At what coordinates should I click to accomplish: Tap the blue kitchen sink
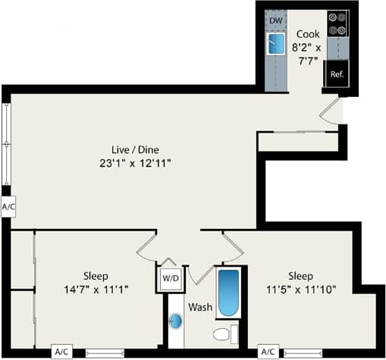pos(275,44)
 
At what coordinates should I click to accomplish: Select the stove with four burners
pos(337,24)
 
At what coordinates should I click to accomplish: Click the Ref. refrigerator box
pos(337,74)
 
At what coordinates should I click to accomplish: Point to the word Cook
pos(307,34)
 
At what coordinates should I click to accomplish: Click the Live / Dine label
pos(133,149)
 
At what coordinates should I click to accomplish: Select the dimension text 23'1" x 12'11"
pos(133,163)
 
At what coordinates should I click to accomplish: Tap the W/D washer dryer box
pos(171,279)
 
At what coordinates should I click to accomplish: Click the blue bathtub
pos(228,293)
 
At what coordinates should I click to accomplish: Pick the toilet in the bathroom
pos(224,333)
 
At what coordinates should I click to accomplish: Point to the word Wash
pos(200,308)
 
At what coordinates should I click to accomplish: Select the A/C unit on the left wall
pos(8,206)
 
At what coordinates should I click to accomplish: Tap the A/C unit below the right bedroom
pos(268,352)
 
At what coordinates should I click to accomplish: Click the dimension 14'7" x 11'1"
pos(96,289)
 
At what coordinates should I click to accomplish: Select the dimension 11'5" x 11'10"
pos(301,289)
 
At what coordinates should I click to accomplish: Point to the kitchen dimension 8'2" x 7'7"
pos(308,54)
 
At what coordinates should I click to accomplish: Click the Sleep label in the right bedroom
pos(301,275)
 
